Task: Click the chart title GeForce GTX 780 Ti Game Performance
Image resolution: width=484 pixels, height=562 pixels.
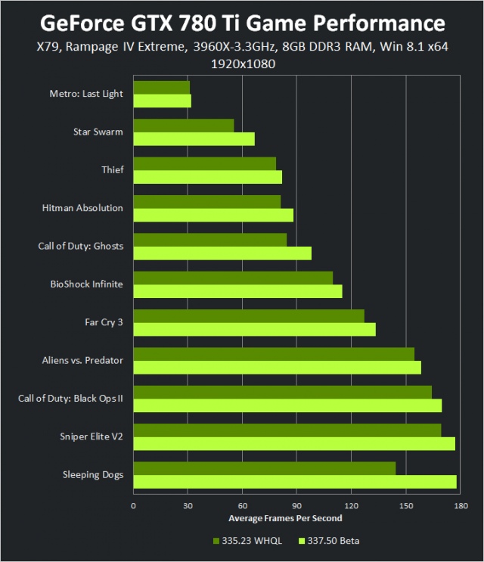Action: pos(242,21)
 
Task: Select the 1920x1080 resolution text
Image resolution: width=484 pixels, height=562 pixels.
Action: pos(242,64)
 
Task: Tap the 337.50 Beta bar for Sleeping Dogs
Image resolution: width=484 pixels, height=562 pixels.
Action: pos(295,482)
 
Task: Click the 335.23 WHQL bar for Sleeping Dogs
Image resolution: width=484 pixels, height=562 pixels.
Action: pos(265,468)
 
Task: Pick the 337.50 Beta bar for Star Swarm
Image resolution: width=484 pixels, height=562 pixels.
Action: pos(194,138)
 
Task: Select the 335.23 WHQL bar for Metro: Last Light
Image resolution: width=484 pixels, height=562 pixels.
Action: pos(161,87)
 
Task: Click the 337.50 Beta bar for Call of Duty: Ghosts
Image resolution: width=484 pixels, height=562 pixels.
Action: pos(222,253)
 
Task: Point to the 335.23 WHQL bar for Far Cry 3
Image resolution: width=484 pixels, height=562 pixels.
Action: pos(249,315)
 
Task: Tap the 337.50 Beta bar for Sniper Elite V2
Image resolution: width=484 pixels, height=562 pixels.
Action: pos(294,443)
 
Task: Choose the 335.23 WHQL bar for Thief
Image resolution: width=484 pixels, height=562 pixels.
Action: pos(204,163)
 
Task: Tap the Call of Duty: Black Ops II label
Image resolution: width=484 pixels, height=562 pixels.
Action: pos(70,399)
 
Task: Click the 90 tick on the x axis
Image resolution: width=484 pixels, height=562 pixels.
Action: pos(296,506)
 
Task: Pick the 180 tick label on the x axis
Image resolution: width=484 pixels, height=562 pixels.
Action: pos(460,506)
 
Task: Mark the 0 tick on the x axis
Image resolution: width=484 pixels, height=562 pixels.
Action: pos(134,506)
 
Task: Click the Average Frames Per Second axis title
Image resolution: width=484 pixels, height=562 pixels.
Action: pos(285,518)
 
